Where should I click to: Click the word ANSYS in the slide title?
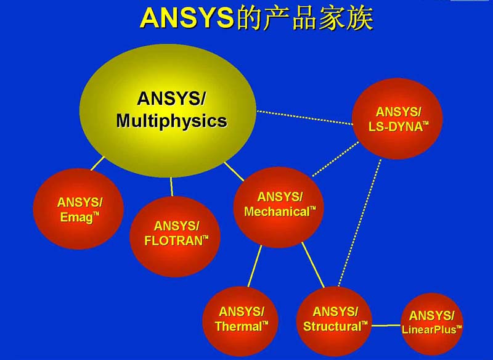pyautogui.click(x=187, y=18)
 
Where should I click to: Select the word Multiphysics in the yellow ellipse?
pyautogui.click(x=172, y=121)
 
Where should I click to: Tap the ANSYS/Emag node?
pyautogui.click(x=78, y=209)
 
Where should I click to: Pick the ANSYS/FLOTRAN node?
pyautogui.click(x=175, y=237)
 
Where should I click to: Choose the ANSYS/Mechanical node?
pyautogui.click(x=279, y=207)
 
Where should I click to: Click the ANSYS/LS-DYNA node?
pyautogui.click(x=397, y=118)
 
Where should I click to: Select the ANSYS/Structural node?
pyautogui.click(x=334, y=321)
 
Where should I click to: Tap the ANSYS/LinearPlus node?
pyautogui.click(x=432, y=324)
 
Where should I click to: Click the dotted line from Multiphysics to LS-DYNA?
pyautogui.click(x=304, y=118)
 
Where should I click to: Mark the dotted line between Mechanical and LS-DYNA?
pyautogui.click(x=335, y=159)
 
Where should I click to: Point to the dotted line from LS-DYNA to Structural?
pyautogui.click(x=359, y=223)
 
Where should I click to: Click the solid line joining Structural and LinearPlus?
pyautogui.click(x=386, y=325)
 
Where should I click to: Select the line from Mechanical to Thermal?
pyautogui.click(x=255, y=266)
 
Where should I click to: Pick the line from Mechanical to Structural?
pyautogui.click(x=313, y=265)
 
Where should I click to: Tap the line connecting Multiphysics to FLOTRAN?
pyautogui.click(x=172, y=187)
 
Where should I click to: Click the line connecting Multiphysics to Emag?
pyautogui.click(x=97, y=163)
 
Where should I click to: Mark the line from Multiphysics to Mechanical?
pyautogui.click(x=234, y=171)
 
